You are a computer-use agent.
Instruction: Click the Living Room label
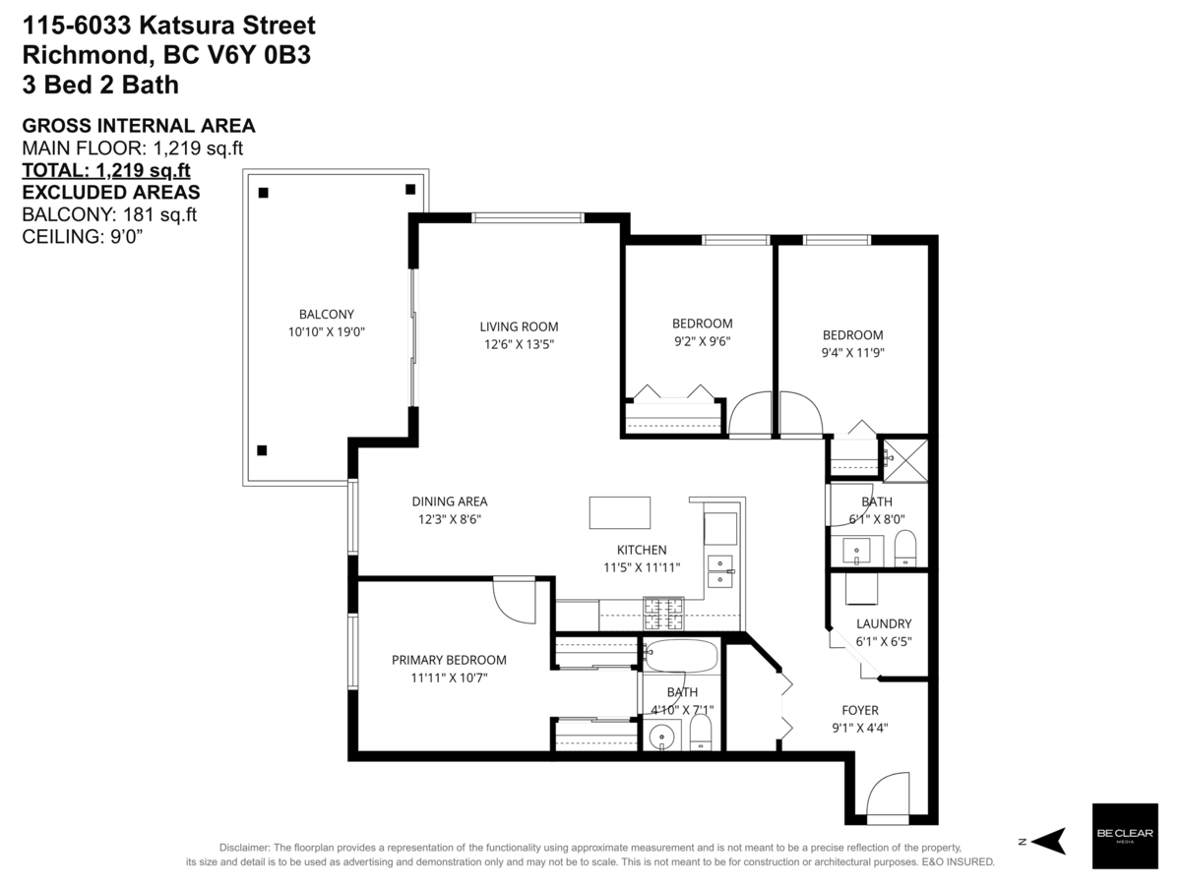point(519,326)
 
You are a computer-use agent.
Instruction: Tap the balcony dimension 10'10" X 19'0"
point(326,332)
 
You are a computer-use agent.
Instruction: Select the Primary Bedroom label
point(449,660)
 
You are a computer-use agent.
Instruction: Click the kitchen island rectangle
point(620,513)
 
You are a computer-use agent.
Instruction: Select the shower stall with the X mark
point(903,459)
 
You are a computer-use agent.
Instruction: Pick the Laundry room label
point(883,623)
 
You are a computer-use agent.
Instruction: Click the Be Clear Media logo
point(1125,836)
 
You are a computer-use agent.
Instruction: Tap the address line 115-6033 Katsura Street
point(168,25)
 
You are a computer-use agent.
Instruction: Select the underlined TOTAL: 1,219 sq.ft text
point(105,170)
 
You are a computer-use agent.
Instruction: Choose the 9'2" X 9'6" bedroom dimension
point(702,341)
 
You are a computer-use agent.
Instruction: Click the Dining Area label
point(449,501)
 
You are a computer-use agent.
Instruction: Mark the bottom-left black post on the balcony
point(262,450)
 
